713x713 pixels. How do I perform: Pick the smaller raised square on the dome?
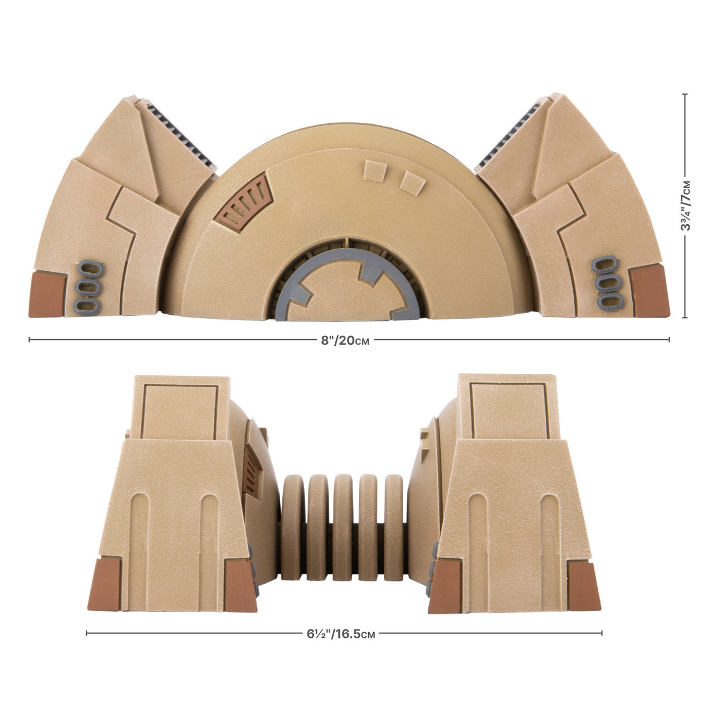(x=411, y=179)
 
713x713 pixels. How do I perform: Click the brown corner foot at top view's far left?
(x=48, y=292)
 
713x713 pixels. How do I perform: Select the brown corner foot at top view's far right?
(x=648, y=289)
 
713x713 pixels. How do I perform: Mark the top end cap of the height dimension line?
(x=685, y=95)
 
